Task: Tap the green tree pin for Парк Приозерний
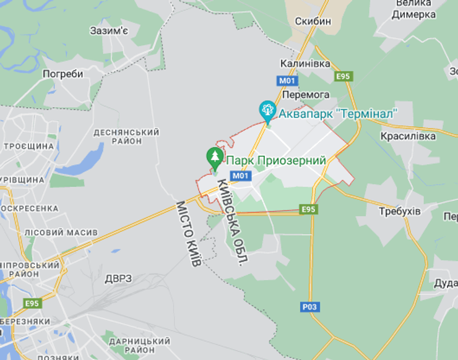click(x=215, y=157)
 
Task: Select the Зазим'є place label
click(x=108, y=30)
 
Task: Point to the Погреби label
click(x=63, y=74)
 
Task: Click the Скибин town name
click(x=313, y=21)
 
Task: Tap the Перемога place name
click(x=305, y=95)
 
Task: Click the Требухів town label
click(x=399, y=212)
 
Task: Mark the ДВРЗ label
click(x=118, y=278)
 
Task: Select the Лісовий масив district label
click(x=61, y=232)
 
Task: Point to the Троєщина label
click(x=29, y=146)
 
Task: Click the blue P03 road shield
click(x=309, y=306)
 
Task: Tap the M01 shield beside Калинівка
click(x=288, y=80)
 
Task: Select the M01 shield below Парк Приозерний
click(x=241, y=176)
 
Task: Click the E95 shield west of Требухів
click(x=309, y=209)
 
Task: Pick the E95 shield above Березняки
click(x=32, y=303)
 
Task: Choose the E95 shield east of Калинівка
click(x=343, y=76)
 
